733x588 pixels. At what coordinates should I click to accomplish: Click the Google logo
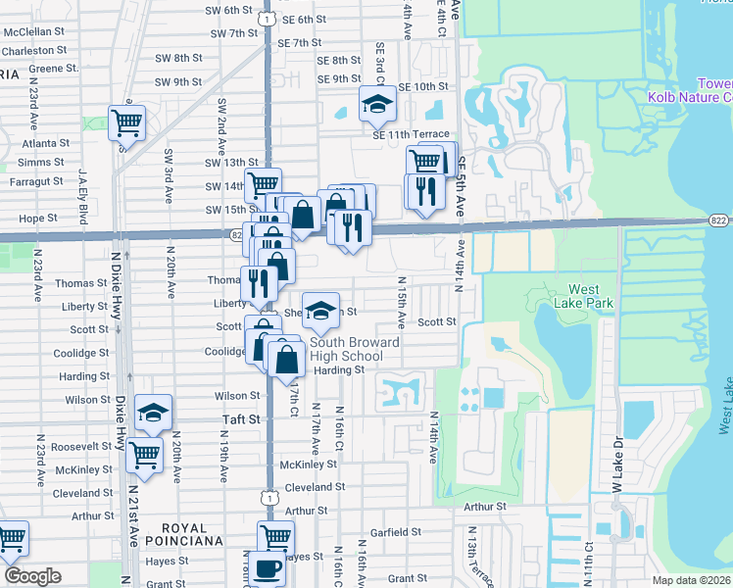[x=32, y=576]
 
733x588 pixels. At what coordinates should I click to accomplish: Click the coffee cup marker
[x=266, y=567]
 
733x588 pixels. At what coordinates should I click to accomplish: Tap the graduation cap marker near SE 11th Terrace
[x=376, y=105]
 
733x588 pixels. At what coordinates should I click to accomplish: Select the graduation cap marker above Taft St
[x=152, y=413]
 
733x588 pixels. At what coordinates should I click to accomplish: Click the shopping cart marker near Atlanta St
[x=126, y=122]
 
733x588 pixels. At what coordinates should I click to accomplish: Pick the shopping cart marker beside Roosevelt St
[x=145, y=454]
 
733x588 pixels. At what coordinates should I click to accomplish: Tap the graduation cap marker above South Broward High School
[x=320, y=311]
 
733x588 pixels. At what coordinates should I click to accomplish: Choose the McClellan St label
[x=33, y=31]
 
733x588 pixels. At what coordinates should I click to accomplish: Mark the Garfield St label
[x=397, y=537]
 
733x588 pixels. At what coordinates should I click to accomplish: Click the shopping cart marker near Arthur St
[x=275, y=537]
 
